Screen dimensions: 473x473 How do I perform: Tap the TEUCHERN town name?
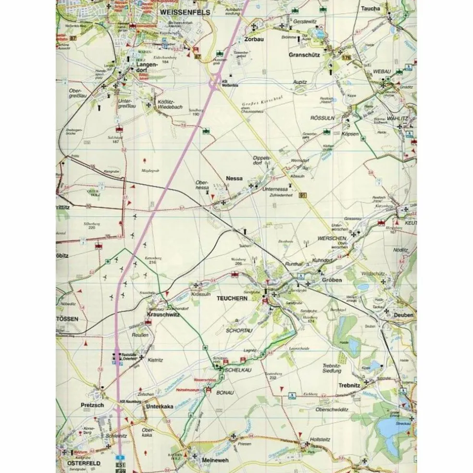click(232, 299)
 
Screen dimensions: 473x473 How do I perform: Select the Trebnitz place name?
click(349, 386)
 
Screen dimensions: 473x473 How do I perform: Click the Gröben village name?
click(332, 280)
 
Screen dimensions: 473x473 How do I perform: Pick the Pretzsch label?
click(93, 406)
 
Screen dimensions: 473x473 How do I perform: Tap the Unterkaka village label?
click(159, 406)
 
